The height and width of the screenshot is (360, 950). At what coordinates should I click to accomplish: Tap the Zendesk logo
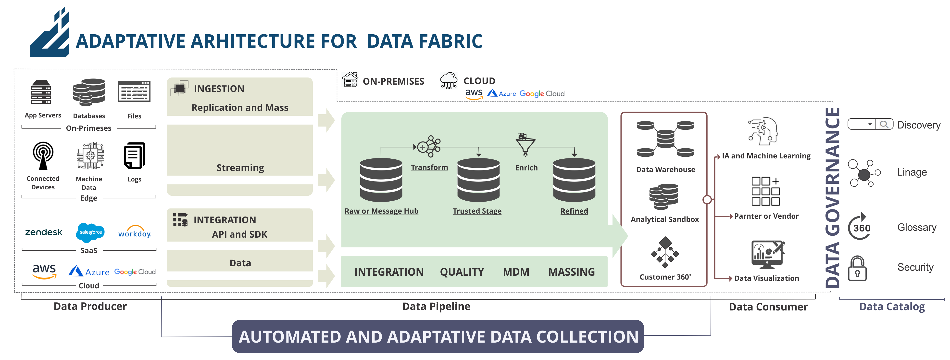44,232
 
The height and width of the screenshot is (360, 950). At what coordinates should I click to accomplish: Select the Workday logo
135,232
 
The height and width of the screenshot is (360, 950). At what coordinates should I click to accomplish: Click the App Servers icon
41,92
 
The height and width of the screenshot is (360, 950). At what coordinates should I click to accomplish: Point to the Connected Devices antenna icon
43,155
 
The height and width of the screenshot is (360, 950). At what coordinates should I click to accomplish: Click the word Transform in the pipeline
429,167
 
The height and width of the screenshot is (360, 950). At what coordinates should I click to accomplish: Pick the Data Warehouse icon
665,139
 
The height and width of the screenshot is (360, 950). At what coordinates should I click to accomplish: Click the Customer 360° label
665,277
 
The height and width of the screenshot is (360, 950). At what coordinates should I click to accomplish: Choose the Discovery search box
870,124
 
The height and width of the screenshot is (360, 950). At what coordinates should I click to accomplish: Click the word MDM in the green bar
516,272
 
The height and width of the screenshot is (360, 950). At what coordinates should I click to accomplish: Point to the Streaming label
240,168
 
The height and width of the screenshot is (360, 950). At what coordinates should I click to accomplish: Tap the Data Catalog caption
892,307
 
